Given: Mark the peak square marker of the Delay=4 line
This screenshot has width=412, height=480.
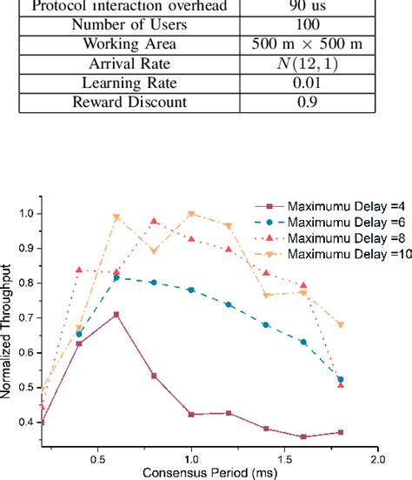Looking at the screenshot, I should (116, 315).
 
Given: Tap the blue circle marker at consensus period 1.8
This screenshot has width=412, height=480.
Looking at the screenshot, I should (341, 380).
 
